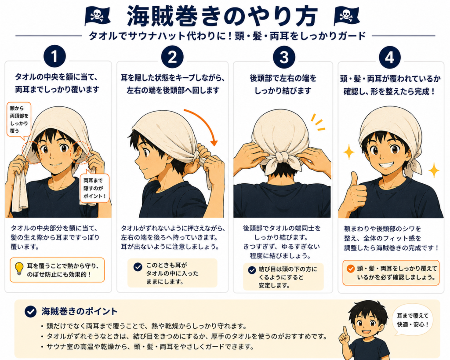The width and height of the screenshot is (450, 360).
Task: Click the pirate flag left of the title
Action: point(98,16)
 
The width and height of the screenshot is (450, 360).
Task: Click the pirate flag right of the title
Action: point(347,16)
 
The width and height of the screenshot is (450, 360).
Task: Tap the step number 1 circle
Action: point(54,57)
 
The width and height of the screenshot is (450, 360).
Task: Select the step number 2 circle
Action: point(172,57)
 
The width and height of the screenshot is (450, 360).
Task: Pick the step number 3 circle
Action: point(284,57)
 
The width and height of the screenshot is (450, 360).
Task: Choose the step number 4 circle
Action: point(389,57)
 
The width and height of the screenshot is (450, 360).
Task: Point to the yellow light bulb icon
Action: point(19,269)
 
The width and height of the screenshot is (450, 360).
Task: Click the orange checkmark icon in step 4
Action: point(350,269)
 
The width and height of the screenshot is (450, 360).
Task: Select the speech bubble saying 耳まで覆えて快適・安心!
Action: point(413,320)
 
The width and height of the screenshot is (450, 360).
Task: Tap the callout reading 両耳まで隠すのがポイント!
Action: point(94,188)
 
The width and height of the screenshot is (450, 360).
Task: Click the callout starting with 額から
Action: point(19,120)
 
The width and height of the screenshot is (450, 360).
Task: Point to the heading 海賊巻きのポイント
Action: point(80,312)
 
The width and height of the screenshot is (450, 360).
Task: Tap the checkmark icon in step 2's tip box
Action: point(138,267)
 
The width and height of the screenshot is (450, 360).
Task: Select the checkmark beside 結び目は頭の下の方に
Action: point(252,270)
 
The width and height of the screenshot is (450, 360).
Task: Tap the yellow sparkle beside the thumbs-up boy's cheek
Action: point(349,152)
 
